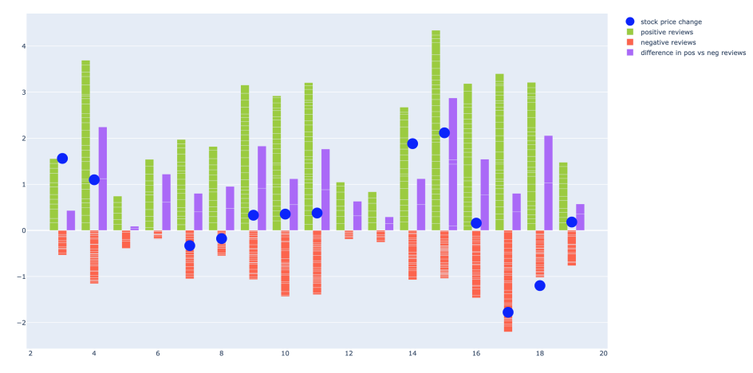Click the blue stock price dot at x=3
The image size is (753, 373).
pos(62,159)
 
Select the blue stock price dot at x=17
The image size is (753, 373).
pos(508,312)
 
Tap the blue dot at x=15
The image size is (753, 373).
pos(444,133)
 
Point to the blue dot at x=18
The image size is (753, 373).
pos(540,285)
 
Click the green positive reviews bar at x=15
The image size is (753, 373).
pos(436,131)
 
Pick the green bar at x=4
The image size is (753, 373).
pos(85,146)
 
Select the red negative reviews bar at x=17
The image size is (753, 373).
pos(508,281)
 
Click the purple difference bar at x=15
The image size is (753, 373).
pos(453,164)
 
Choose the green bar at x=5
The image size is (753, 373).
pos(117,214)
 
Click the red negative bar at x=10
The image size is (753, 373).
pos(286,263)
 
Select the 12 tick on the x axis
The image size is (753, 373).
pos(349,353)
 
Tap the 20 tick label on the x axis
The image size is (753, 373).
pos(604,353)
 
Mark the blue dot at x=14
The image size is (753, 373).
pos(412,143)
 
